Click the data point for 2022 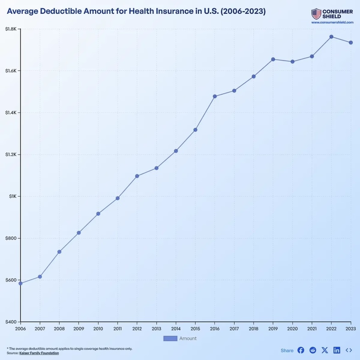[331, 37]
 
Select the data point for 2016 [214, 96]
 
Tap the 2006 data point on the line [21, 283]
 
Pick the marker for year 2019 [273, 59]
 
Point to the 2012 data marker [137, 176]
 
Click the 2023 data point [351, 43]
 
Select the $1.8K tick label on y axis [11, 29]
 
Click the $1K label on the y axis [12, 197]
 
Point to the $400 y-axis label [11, 322]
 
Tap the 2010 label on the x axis [98, 329]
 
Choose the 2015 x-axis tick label [195, 329]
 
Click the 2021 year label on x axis [312, 329]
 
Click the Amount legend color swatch [170, 338]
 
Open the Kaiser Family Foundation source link [39, 353]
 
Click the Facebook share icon [301, 350]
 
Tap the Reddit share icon [313, 350]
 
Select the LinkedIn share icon [337, 350]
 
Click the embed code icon [349, 350]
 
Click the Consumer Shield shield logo [316, 14]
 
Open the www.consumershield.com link [332, 22]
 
